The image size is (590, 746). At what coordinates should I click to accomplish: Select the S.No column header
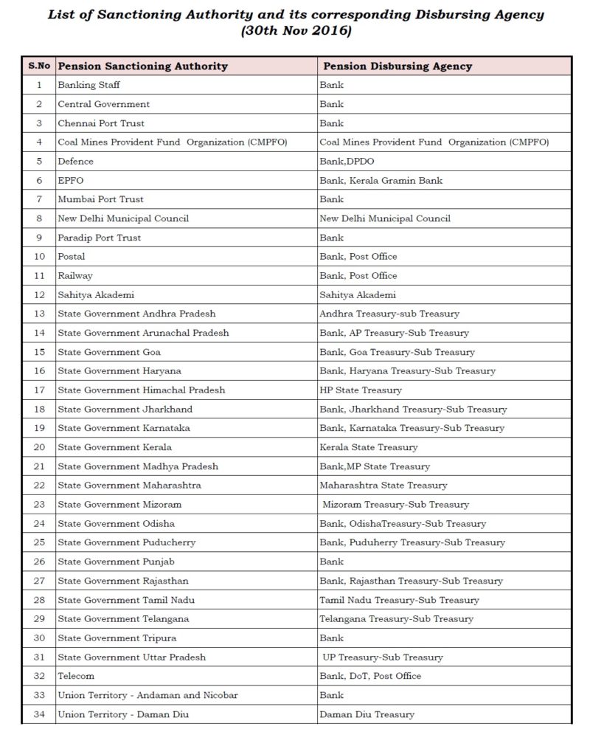tap(39, 66)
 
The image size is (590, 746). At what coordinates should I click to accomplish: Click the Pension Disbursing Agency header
tap(395, 66)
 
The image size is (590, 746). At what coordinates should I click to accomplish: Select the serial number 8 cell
tap(39, 218)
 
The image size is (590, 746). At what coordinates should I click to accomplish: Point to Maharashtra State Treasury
tap(383, 485)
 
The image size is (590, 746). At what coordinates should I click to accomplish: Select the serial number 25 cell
tap(39, 542)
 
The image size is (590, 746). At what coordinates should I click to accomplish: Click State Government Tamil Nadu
tap(126, 600)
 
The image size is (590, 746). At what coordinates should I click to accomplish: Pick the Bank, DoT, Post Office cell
tap(370, 676)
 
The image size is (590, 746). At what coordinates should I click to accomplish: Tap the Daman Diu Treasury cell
tap(367, 714)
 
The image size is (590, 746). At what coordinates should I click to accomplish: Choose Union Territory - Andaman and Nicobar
tap(147, 695)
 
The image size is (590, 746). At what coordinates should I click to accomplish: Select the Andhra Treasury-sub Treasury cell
tap(379, 314)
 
